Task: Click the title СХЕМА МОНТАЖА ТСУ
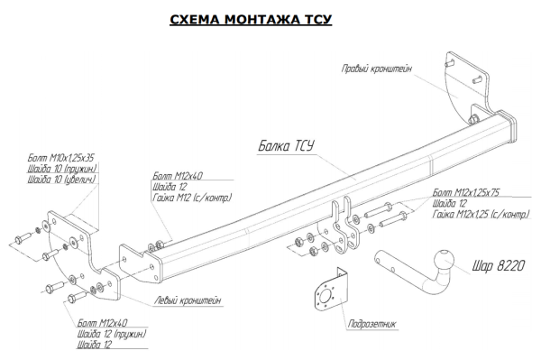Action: pos(251,19)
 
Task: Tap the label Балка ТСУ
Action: pos(286,146)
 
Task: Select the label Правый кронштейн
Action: pos(377,69)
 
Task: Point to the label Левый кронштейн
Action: pos(188,300)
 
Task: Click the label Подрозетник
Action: pos(371,324)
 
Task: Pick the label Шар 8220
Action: pos(499,265)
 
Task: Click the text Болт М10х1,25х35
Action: pos(60,158)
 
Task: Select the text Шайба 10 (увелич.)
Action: pos(61,180)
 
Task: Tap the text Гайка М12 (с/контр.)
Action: pos(192,198)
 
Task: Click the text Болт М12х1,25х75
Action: pos(466,192)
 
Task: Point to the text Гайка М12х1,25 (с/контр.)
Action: pos(481,215)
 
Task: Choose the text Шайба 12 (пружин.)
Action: pos(112,334)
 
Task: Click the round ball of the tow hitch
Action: pos(444,261)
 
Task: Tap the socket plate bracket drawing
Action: pos(331,291)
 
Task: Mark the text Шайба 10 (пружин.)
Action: pos(62,169)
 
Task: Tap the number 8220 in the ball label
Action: pos(511,265)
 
